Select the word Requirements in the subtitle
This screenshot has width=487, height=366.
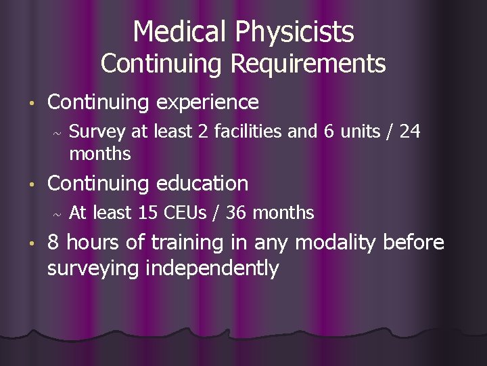click(x=308, y=64)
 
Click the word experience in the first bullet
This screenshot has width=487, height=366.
click(x=208, y=102)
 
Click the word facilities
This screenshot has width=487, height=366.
click(x=242, y=131)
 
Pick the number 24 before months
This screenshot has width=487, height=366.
click(x=409, y=131)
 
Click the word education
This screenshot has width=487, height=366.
click(x=202, y=183)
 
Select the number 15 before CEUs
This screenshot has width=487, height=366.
click(x=148, y=213)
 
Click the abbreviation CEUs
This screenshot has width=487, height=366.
click(x=189, y=213)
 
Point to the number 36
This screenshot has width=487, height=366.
click(x=236, y=213)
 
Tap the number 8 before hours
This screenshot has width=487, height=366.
click(x=54, y=243)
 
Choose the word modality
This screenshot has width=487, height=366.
click(x=335, y=243)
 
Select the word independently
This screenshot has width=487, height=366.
click(x=214, y=268)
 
